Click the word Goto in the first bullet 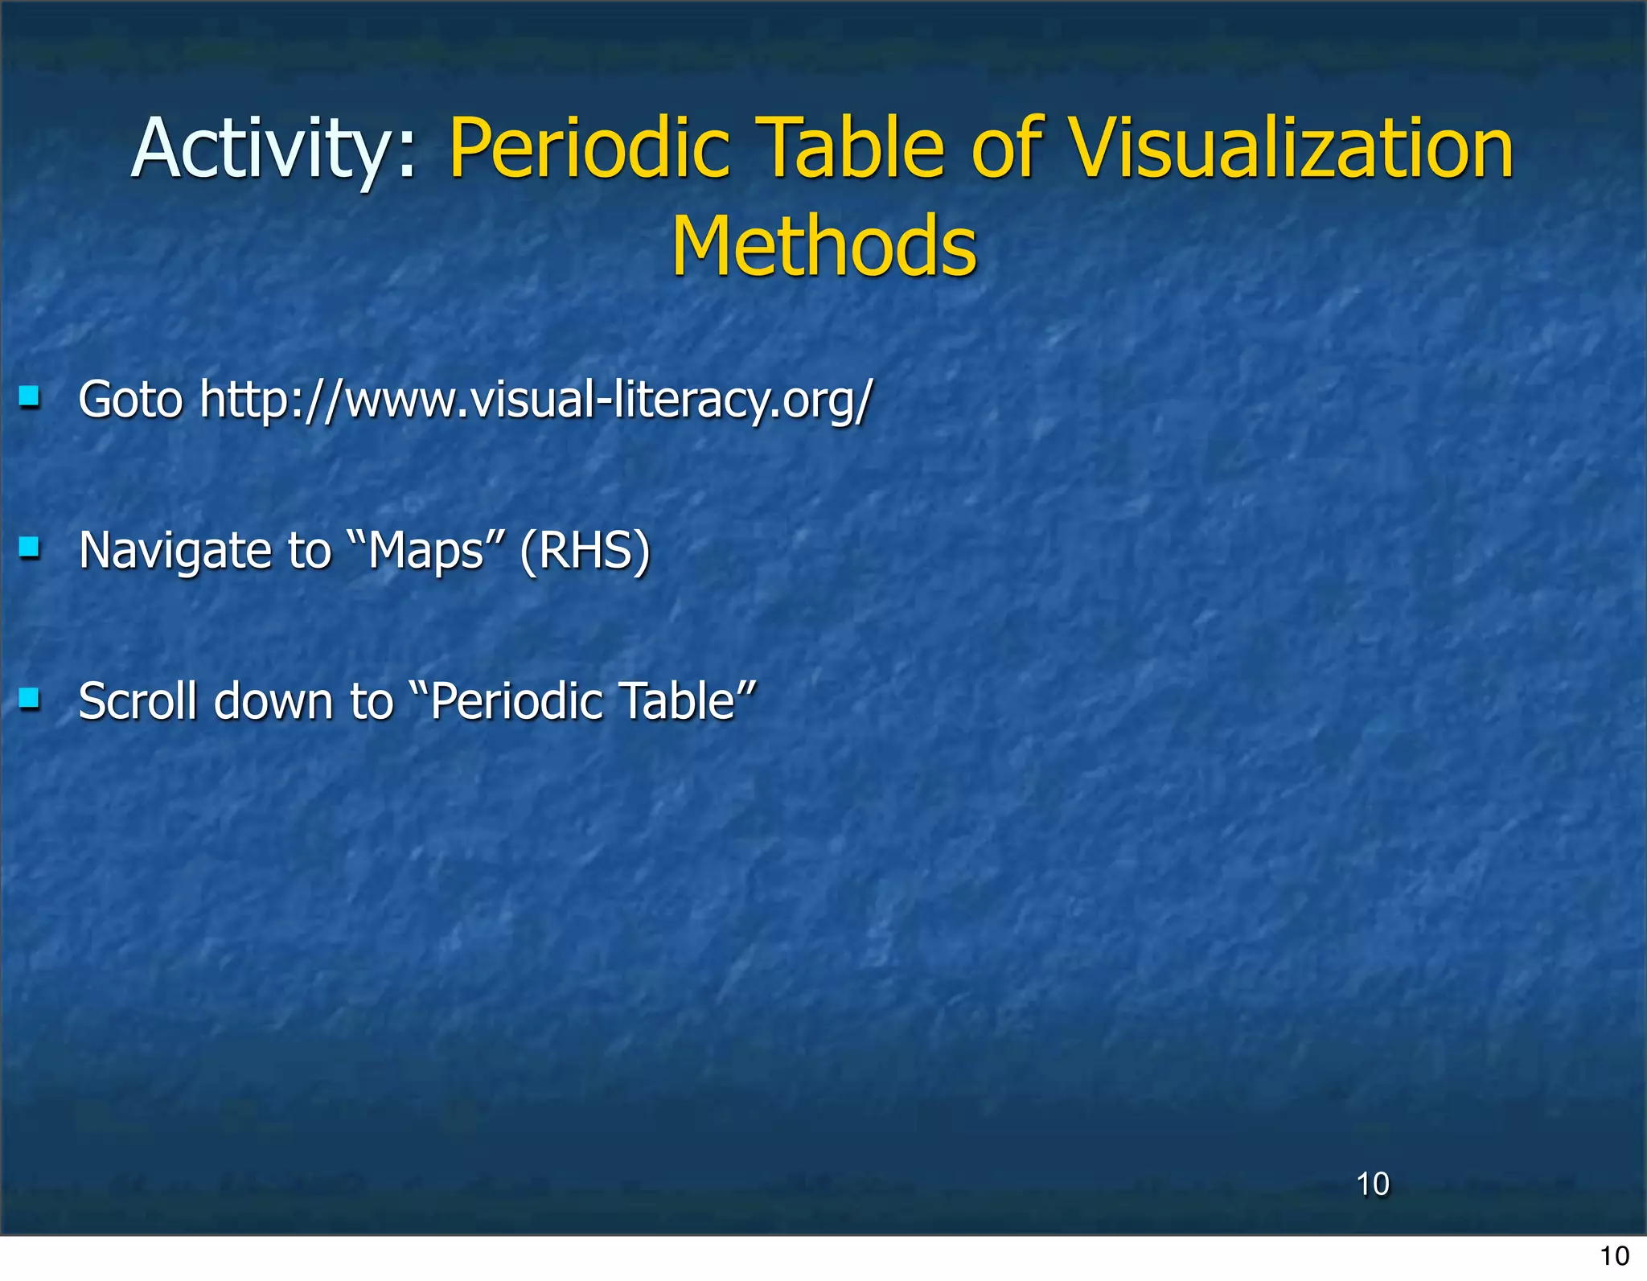[131, 400]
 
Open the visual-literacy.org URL [536, 400]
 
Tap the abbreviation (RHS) [585, 551]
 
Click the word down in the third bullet [273, 701]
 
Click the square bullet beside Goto [30, 396]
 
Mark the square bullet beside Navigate [30, 548]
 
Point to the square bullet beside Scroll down [30, 698]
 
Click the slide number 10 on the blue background [1373, 1185]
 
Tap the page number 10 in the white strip [1614, 1256]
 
